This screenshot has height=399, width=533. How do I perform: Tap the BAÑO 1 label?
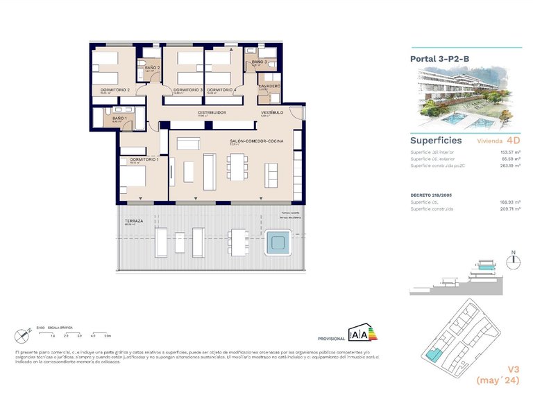(x=119, y=118)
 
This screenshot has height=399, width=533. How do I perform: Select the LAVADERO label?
(x=269, y=86)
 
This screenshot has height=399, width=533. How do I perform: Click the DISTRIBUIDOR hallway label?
(x=212, y=112)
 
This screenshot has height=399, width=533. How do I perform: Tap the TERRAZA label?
(x=135, y=221)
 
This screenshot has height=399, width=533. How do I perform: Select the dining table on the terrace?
(x=239, y=243)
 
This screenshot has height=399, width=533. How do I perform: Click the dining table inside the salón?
(x=237, y=168)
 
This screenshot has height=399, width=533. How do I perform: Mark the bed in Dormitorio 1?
(x=134, y=178)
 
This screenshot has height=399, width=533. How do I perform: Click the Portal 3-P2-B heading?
(x=440, y=60)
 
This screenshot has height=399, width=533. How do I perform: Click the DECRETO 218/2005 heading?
(x=433, y=196)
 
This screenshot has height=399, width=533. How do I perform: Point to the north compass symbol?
(x=513, y=261)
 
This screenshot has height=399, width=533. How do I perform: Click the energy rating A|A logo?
(x=362, y=333)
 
